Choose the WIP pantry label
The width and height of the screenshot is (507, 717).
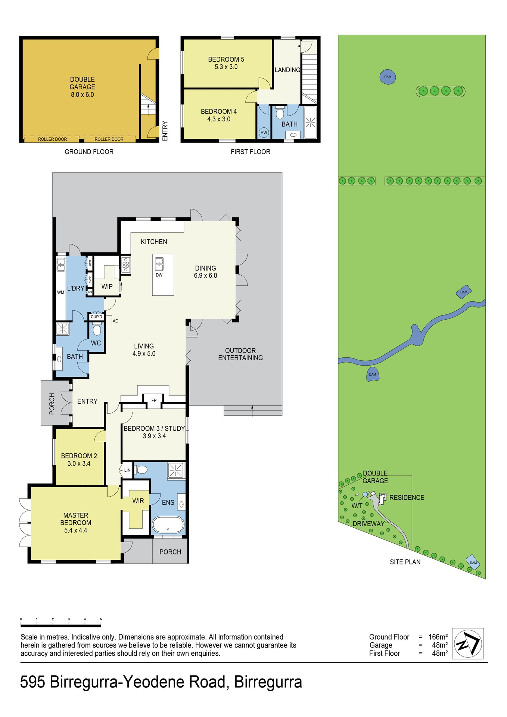(x=107, y=286)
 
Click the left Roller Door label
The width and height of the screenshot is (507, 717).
(x=52, y=139)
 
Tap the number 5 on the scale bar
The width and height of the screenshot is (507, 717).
(x=101, y=619)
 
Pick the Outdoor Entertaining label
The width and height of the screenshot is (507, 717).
(x=240, y=354)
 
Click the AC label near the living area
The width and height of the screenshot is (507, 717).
(x=116, y=321)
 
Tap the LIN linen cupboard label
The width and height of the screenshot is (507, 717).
(x=127, y=470)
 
